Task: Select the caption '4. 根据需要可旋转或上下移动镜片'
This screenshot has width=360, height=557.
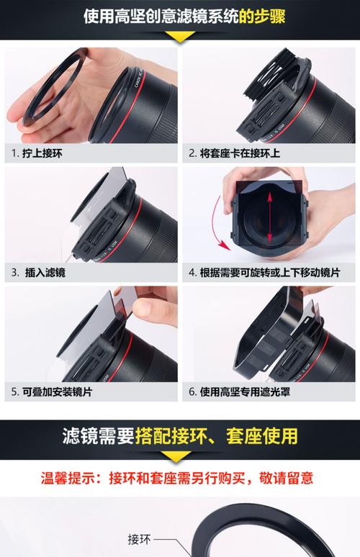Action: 266,273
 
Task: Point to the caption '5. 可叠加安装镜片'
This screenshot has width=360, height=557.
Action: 51,393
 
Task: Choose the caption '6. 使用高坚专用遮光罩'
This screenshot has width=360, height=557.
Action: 239,393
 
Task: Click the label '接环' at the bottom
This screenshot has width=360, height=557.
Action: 139,539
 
